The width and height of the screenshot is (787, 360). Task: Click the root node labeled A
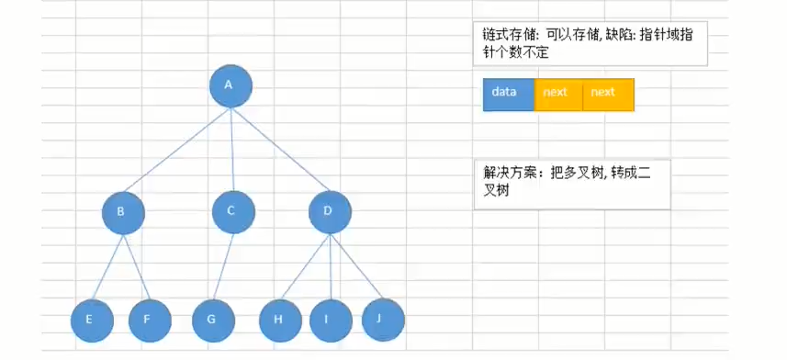229,85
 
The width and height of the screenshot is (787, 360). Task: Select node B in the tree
123,212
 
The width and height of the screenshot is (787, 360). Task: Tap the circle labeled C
232,212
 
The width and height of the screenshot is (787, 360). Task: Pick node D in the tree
329,212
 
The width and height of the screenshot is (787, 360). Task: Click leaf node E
92,321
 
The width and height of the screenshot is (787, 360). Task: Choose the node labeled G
213,321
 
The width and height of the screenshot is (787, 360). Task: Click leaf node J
383,318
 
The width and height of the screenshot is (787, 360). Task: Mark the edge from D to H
304,266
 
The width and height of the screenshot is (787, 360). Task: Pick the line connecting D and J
355,265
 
